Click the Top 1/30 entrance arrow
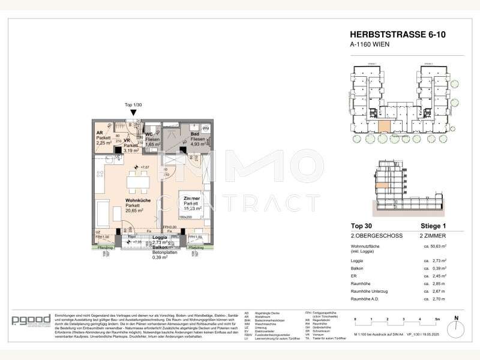(134, 112)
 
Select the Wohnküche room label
(138, 201)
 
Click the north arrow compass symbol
(456, 322)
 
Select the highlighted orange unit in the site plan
(382, 127)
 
